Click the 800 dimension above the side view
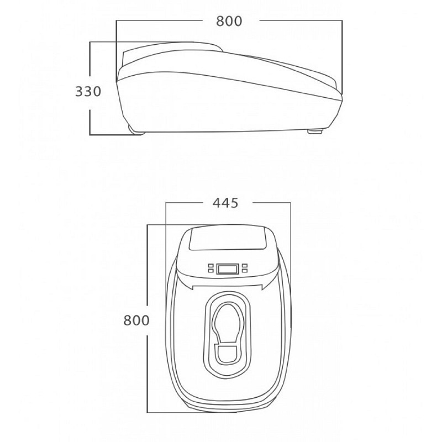tap(229, 21)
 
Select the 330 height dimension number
tap(88, 91)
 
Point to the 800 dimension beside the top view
tap(136, 320)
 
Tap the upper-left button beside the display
tap(211, 265)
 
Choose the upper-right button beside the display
tap(243, 265)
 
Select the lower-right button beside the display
tap(243, 271)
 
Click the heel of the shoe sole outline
tap(227, 354)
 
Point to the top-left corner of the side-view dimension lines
tap(117, 21)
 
